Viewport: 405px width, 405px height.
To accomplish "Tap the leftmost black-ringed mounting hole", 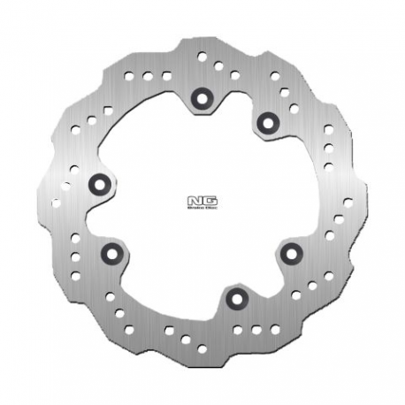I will point(99,183).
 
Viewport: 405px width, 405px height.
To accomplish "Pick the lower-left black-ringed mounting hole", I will point(111,254).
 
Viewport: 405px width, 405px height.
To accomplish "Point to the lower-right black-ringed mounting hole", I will point(288,254).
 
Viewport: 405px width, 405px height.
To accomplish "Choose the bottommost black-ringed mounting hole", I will point(233,299).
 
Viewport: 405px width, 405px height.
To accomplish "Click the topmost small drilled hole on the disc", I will point(202,56).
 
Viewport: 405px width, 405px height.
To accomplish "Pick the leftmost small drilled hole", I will point(57,202).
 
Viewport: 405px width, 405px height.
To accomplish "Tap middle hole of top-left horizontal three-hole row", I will point(146,76).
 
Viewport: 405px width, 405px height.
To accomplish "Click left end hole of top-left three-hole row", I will point(129,76).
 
